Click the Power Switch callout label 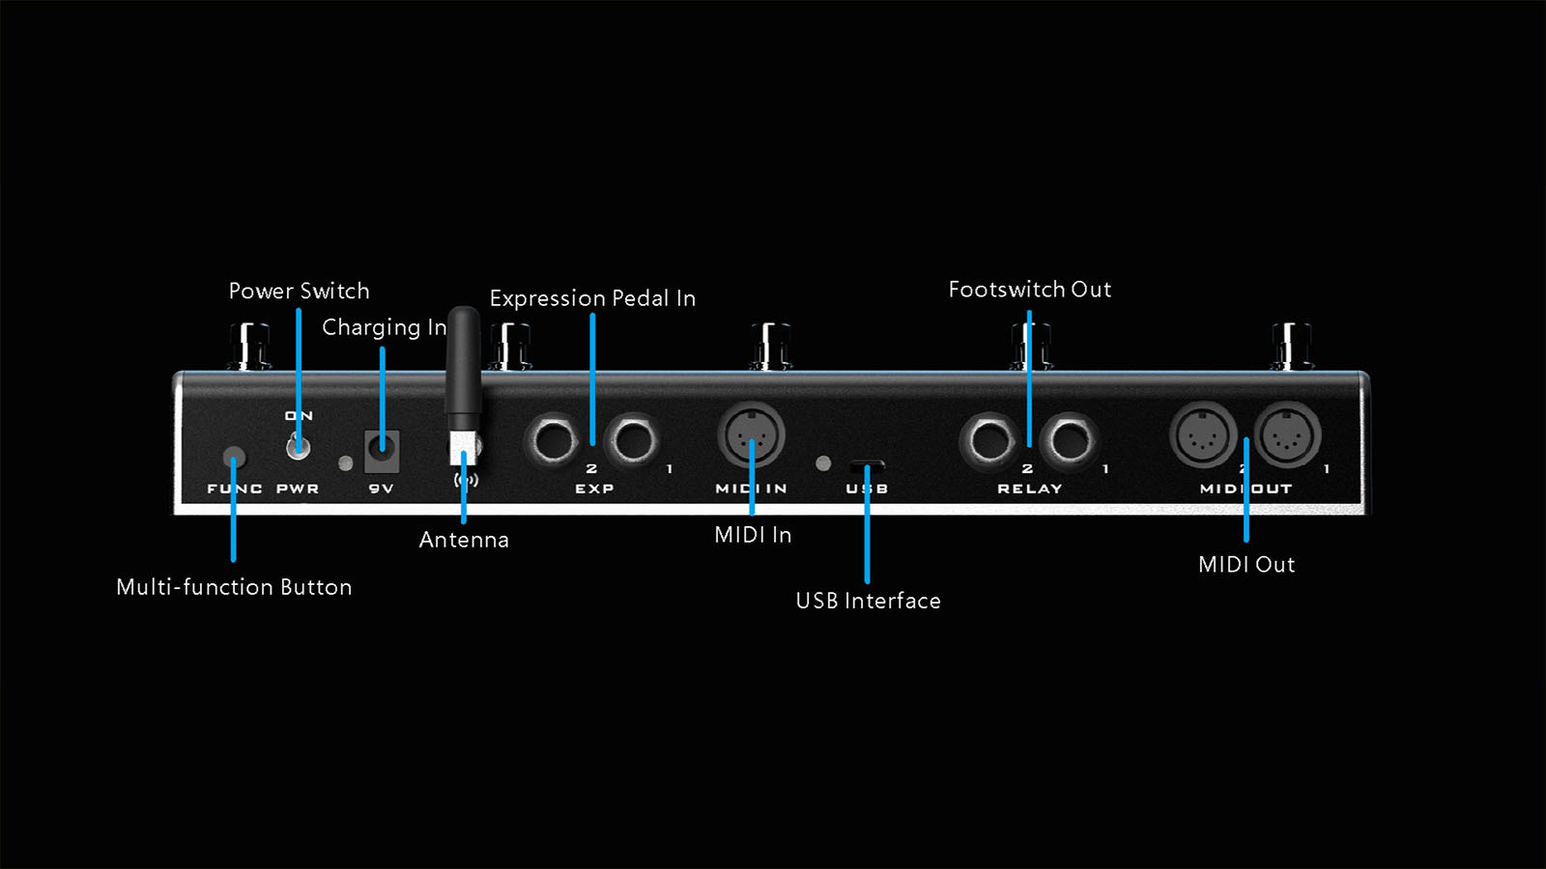click(299, 292)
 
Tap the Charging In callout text click(384, 328)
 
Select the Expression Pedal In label click(592, 298)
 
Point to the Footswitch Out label click(1029, 290)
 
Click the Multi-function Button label click(234, 587)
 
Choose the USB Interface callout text click(868, 601)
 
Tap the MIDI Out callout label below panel click(1246, 565)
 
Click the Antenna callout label click(464, 540)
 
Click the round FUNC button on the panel click(234, 457)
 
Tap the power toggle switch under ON click(299, 446)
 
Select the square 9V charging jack click(382, 450)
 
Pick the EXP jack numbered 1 click(633, 440)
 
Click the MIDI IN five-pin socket click(751, 436)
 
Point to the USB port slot click(867, 465)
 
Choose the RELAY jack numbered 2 click(988, 440)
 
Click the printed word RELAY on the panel click(1029, 489)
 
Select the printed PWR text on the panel click(298, 489)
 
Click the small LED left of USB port click(823, 463)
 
